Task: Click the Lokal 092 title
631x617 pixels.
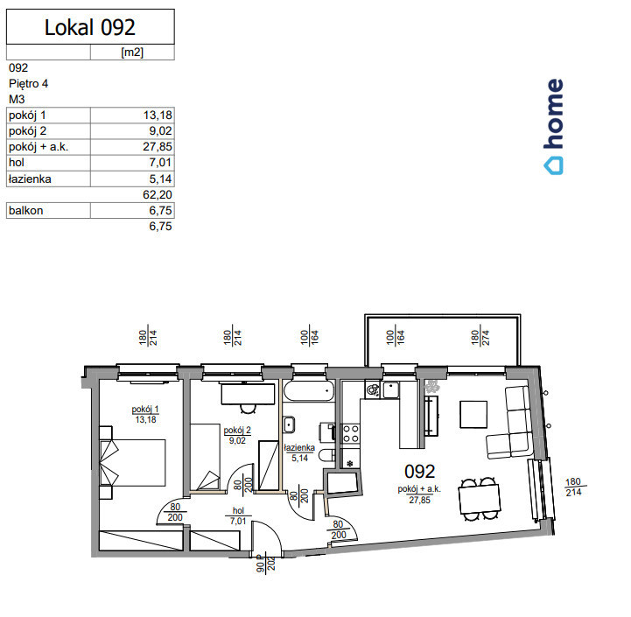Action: point(90,27)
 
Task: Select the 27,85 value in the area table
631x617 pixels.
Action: point(158,146)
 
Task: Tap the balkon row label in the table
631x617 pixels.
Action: point(25,211)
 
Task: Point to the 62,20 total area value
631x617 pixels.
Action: point(158,195)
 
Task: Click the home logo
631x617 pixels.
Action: point(554,126)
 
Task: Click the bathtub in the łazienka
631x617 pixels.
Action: point(309,391)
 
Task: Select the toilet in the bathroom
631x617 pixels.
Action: point(326,455)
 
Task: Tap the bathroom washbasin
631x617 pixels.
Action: point(289,425)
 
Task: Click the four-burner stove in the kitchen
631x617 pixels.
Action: point(351,434)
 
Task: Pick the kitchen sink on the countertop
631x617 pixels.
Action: point(390,389)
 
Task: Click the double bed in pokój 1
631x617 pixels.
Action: point(132,462)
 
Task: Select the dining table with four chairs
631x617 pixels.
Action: point(479,499)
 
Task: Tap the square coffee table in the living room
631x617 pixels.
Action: point(473,414)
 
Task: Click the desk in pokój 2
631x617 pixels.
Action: point(248,394)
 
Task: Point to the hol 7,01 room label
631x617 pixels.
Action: point(238,515)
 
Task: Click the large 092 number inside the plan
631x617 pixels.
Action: point(420,472)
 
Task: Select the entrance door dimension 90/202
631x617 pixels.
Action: point(266,564)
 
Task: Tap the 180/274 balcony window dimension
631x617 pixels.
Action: point(480,338)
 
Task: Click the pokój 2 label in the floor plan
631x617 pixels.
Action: point(237,431)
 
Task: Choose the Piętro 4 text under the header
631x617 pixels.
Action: point(28,84)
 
